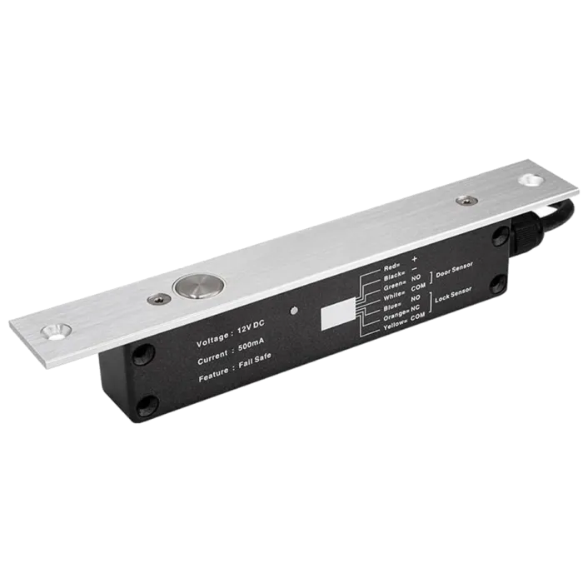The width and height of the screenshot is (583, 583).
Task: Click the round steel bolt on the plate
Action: point(193,288)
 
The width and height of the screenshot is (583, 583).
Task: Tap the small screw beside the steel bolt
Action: point(156,300)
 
